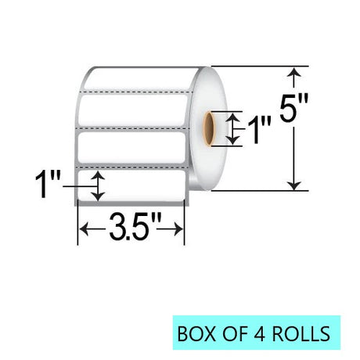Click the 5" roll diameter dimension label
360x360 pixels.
click(294, 107)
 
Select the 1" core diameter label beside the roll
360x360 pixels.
click(258, 130)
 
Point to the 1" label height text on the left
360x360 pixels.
click(48, 184)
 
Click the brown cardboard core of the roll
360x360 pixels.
click(209, 128)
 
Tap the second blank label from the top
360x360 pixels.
click(132, 110)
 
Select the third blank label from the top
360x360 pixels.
click(131, 147)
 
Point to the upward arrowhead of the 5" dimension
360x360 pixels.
click(294, 72)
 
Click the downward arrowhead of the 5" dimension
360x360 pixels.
click(294, 185)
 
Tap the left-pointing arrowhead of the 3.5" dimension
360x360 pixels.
click(83, 229)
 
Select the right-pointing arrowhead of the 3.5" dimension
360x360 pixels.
click(179, 229)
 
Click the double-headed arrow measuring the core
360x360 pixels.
click(232, 129)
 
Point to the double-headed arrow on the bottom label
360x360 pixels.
click(98, 186)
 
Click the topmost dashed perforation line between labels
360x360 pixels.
click(137, 92)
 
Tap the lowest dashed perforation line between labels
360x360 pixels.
click(131, 166)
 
